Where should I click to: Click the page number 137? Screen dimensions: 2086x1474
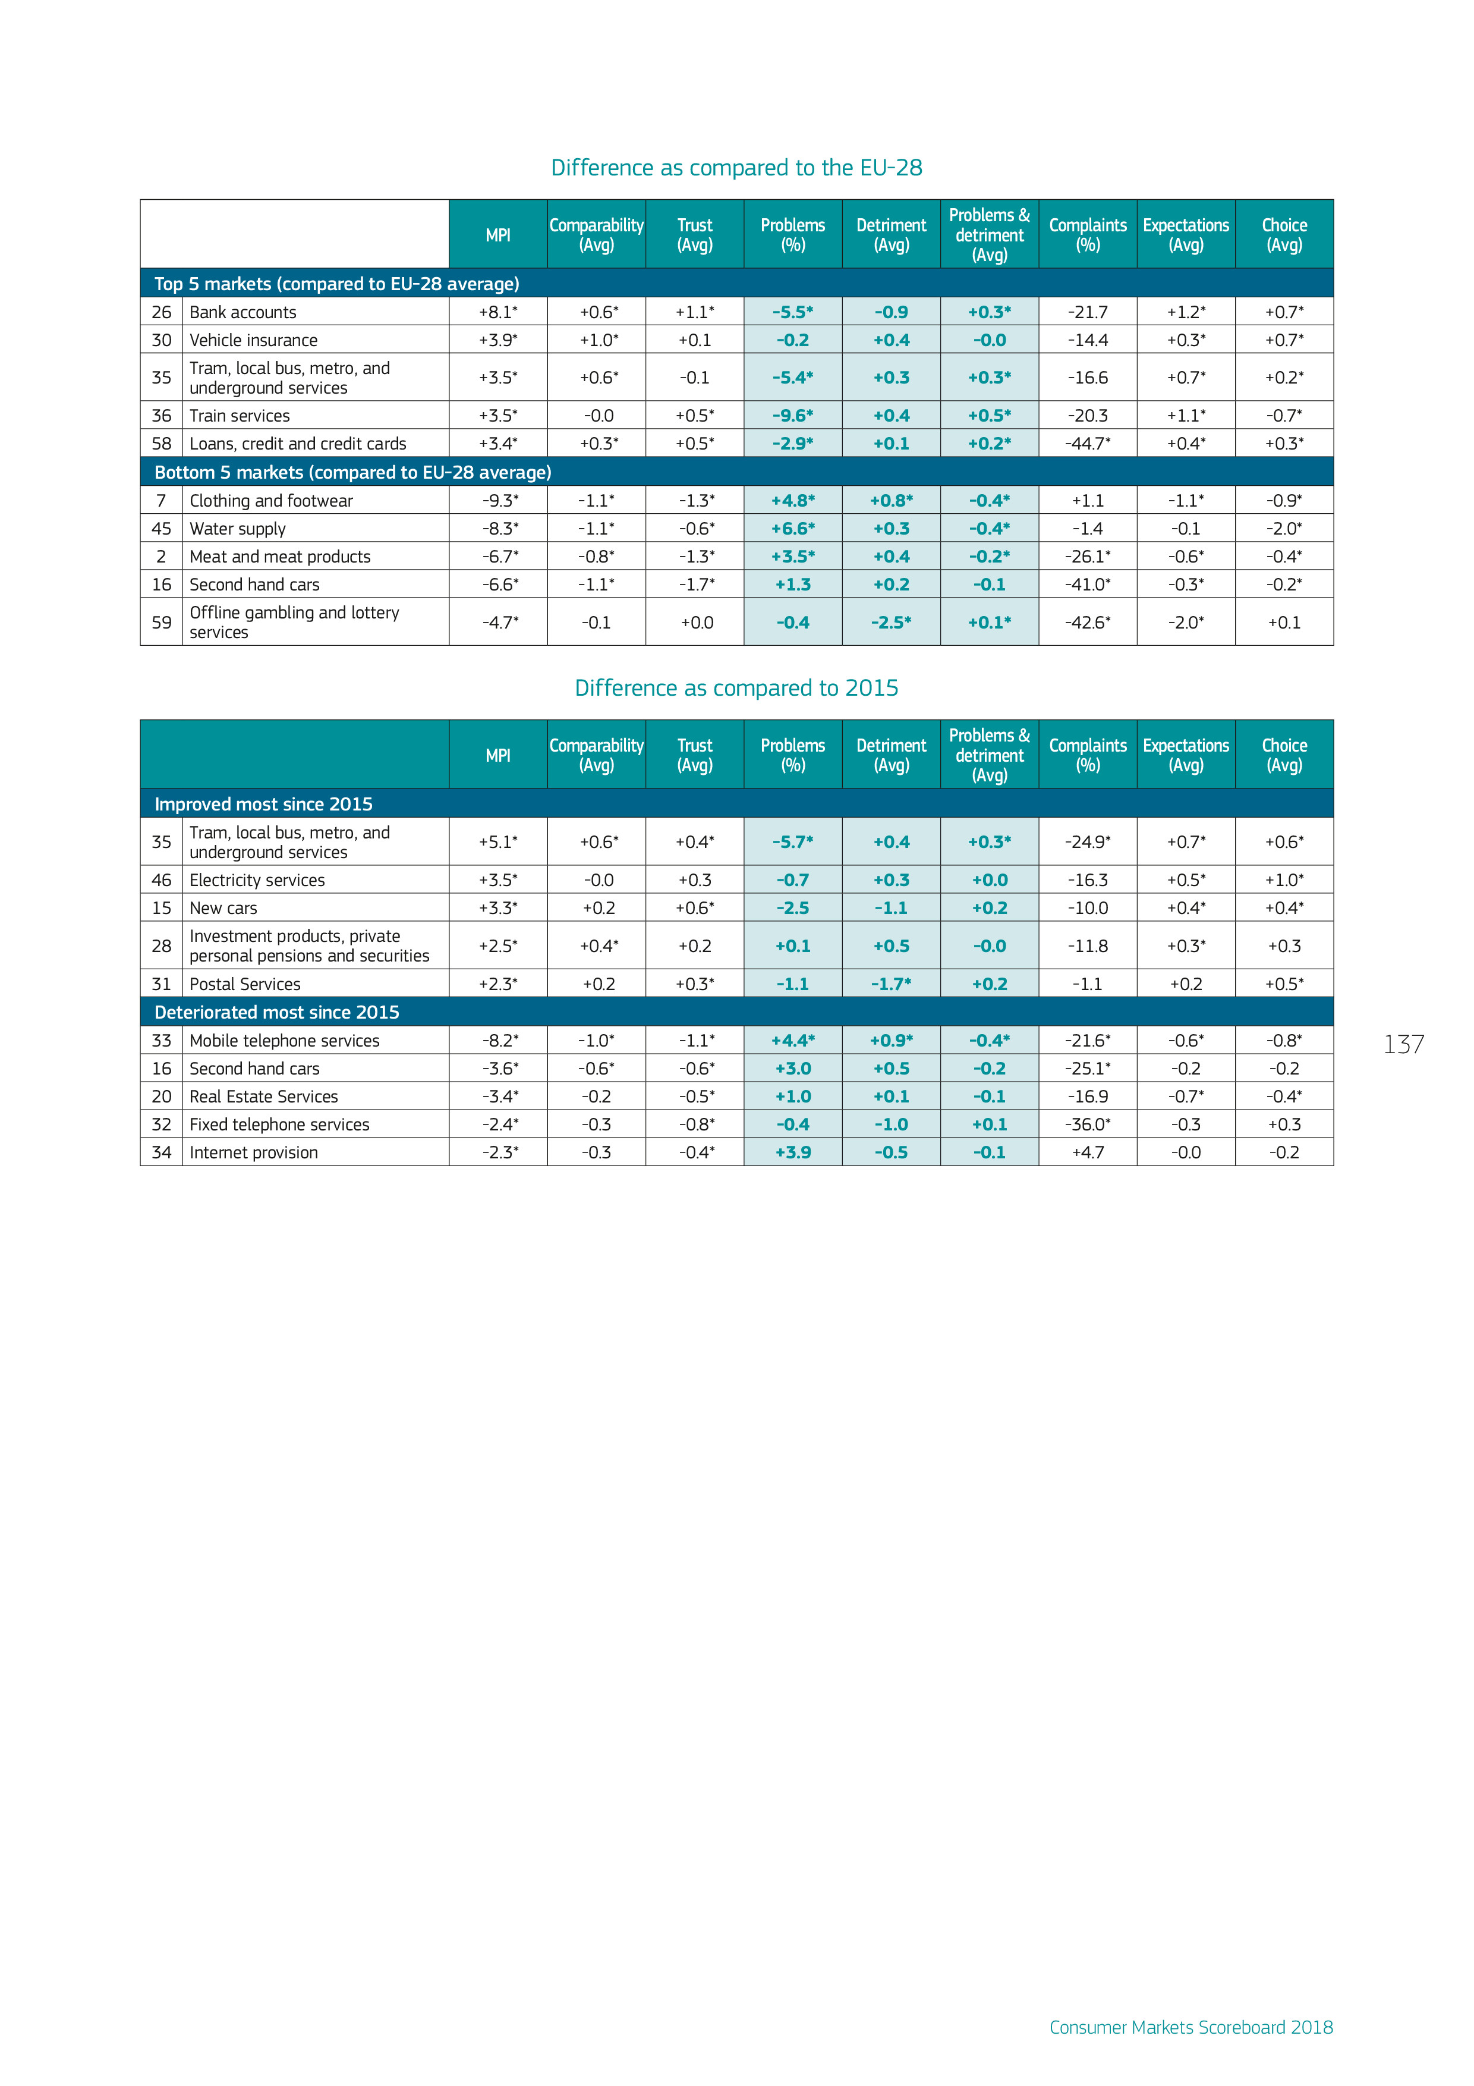1403,1045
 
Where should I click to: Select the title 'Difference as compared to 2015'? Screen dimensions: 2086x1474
736,688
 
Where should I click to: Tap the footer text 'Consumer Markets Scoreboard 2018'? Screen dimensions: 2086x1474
1190,2027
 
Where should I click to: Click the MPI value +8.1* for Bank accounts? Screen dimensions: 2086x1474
497,312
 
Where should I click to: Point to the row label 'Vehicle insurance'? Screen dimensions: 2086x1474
253,340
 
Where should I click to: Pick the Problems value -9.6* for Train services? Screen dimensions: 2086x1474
793,415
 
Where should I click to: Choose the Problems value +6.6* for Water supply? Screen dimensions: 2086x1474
793,529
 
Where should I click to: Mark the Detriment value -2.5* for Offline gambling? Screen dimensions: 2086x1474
891,623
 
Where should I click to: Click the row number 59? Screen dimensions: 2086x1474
162,623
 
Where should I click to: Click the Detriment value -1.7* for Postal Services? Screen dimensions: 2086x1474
891,984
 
